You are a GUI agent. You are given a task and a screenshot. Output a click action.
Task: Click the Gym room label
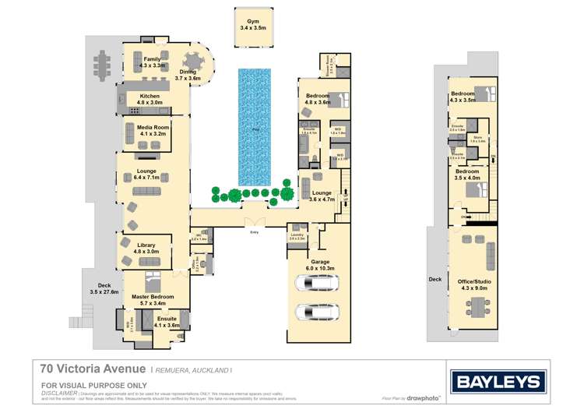click(x=252, y=21)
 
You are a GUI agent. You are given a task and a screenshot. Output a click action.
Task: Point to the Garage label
click(x=320, y=262)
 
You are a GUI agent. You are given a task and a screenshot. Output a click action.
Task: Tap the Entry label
click(x=254, y=232)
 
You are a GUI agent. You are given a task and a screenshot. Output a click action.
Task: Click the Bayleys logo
click(x=496, y=381)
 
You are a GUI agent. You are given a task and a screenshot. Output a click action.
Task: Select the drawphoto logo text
click(x=421, y=398)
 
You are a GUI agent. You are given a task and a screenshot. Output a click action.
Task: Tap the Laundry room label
click(x=297, y=235)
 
